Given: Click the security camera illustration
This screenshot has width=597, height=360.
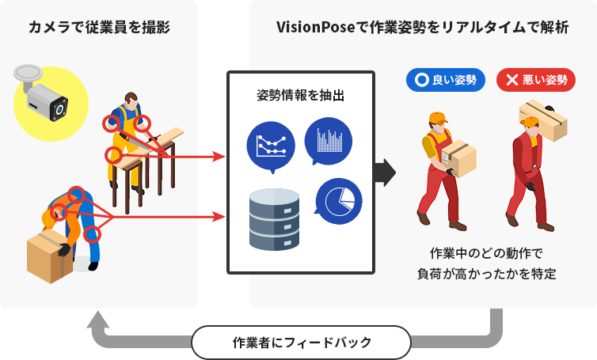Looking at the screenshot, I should [41, 95].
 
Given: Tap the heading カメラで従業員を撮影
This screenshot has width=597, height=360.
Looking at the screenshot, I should [99, 28].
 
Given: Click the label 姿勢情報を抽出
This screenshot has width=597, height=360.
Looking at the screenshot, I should [300, 97].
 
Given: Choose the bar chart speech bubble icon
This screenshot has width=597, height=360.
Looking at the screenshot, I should [328, 139].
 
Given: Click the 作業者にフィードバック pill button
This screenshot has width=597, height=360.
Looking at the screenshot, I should [302, 343].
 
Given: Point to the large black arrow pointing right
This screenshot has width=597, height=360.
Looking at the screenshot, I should [384, 172].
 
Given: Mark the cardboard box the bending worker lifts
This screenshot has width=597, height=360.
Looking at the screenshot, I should [49, 255].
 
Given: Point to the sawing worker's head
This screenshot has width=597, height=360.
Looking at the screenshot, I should [131, 100].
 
